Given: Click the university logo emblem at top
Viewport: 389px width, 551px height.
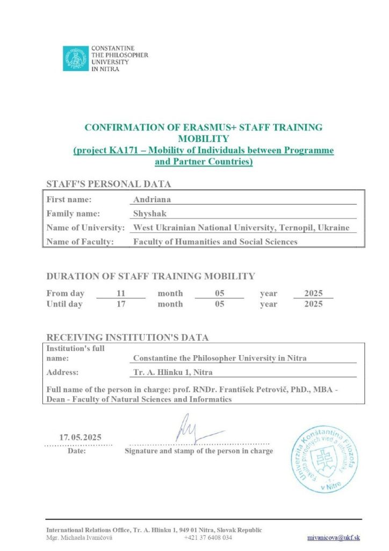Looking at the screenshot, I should click(76, 58).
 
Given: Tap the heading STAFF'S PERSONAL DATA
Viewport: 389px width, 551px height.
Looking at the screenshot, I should click(109, 184).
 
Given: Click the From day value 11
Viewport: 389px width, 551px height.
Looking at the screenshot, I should click(120, 293).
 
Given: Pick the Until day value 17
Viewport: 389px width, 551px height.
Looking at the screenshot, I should click(120, 304).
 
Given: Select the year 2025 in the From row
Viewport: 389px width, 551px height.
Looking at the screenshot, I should click(313, 293).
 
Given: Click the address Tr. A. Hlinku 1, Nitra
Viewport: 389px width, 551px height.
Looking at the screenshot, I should click(172, 372).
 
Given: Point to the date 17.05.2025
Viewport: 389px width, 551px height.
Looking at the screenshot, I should click(80, 437).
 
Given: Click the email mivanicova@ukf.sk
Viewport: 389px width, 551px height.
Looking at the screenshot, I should click(333, 538).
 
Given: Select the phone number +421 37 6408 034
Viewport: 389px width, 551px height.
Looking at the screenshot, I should click(208, 538).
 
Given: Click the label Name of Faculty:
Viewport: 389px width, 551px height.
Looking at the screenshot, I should click(80, 242).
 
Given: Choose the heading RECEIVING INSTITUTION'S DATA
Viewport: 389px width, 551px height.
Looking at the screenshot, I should click(127, 338).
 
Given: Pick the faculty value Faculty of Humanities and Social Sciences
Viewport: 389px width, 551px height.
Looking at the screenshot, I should click(215, 242).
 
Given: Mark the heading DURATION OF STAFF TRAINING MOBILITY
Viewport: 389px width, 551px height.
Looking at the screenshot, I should click(150, 277).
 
